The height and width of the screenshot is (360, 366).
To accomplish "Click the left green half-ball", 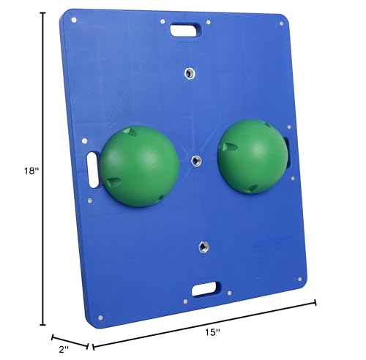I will (139, 165).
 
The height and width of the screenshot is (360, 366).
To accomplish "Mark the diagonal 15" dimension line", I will (205, 323).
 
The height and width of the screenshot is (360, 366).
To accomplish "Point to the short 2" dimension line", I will (70, 341).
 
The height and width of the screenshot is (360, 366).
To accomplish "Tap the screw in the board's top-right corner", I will (280, 24).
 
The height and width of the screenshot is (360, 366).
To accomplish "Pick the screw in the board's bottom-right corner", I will (299, 277).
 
